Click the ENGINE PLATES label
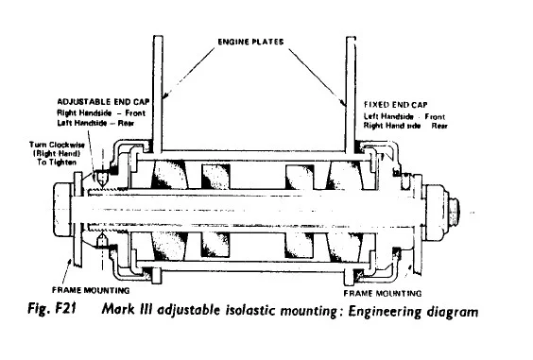point(250,42)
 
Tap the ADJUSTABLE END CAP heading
point(103,102)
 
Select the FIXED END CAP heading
point(396,105)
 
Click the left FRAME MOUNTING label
point(91,290)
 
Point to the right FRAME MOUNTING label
point(383,293)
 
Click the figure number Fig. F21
point(52,309)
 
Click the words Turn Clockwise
point(57,145)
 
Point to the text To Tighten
point(57,163)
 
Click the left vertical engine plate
point(158,94)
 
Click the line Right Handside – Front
point(101,112)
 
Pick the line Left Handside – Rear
point(95,123)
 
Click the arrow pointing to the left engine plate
point(188,73)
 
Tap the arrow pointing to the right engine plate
point(318,77)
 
